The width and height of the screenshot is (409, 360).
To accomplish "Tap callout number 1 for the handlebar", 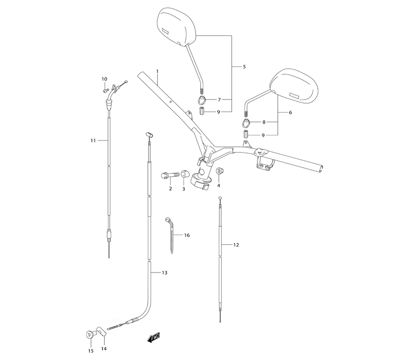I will (x=157, y=72).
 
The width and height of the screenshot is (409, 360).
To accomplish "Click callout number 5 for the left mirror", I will (x=244, y=67).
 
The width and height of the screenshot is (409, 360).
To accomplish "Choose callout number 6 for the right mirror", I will (x=290, y=112).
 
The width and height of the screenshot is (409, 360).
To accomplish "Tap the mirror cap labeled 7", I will (x=202, y=99).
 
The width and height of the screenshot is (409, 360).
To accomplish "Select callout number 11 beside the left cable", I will (x=93, y=140).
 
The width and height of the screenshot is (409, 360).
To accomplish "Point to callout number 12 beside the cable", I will (x=236, y=245).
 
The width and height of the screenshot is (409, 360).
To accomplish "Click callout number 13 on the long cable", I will (x=164, y=272).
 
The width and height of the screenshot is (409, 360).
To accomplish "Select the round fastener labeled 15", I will (x=90, y=335).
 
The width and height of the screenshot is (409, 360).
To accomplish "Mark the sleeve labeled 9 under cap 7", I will (x=202, y=111).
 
